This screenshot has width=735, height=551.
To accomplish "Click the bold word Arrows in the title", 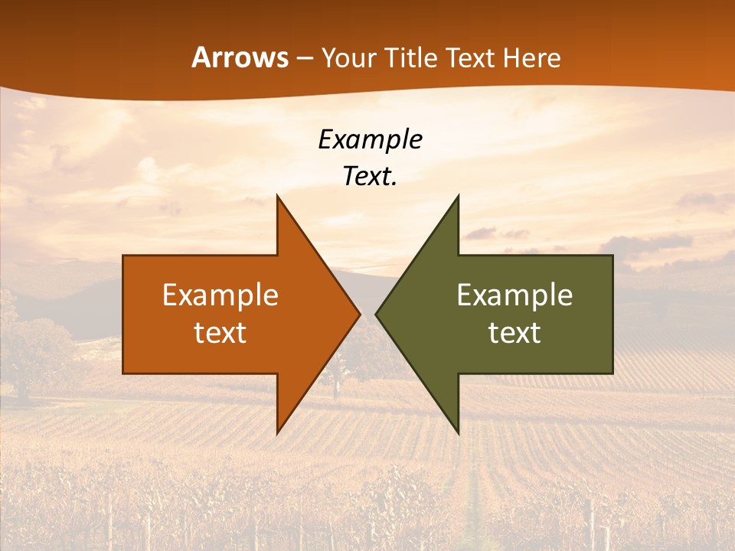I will (x=240, y=57).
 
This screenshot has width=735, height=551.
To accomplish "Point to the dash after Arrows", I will (x=304, y=59).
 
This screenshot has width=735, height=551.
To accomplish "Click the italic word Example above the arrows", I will (x=370, y=140).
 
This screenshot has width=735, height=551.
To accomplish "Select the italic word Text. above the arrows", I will (x=370, y=176).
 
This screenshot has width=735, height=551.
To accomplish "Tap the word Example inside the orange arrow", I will (x=220, y=295).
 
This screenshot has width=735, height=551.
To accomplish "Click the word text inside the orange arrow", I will (x=220, y=333).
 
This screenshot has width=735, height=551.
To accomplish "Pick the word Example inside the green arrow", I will (x=514, y=295).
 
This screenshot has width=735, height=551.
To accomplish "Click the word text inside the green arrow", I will (x=514, y=333).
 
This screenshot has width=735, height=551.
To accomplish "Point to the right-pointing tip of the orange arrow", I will (x=359, y=314).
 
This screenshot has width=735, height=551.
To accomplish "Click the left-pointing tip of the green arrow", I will (x=377, y=314).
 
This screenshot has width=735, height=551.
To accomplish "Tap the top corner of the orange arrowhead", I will (x=278, y=197).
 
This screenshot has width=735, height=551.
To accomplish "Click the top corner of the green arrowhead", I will (x=458, y=197).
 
